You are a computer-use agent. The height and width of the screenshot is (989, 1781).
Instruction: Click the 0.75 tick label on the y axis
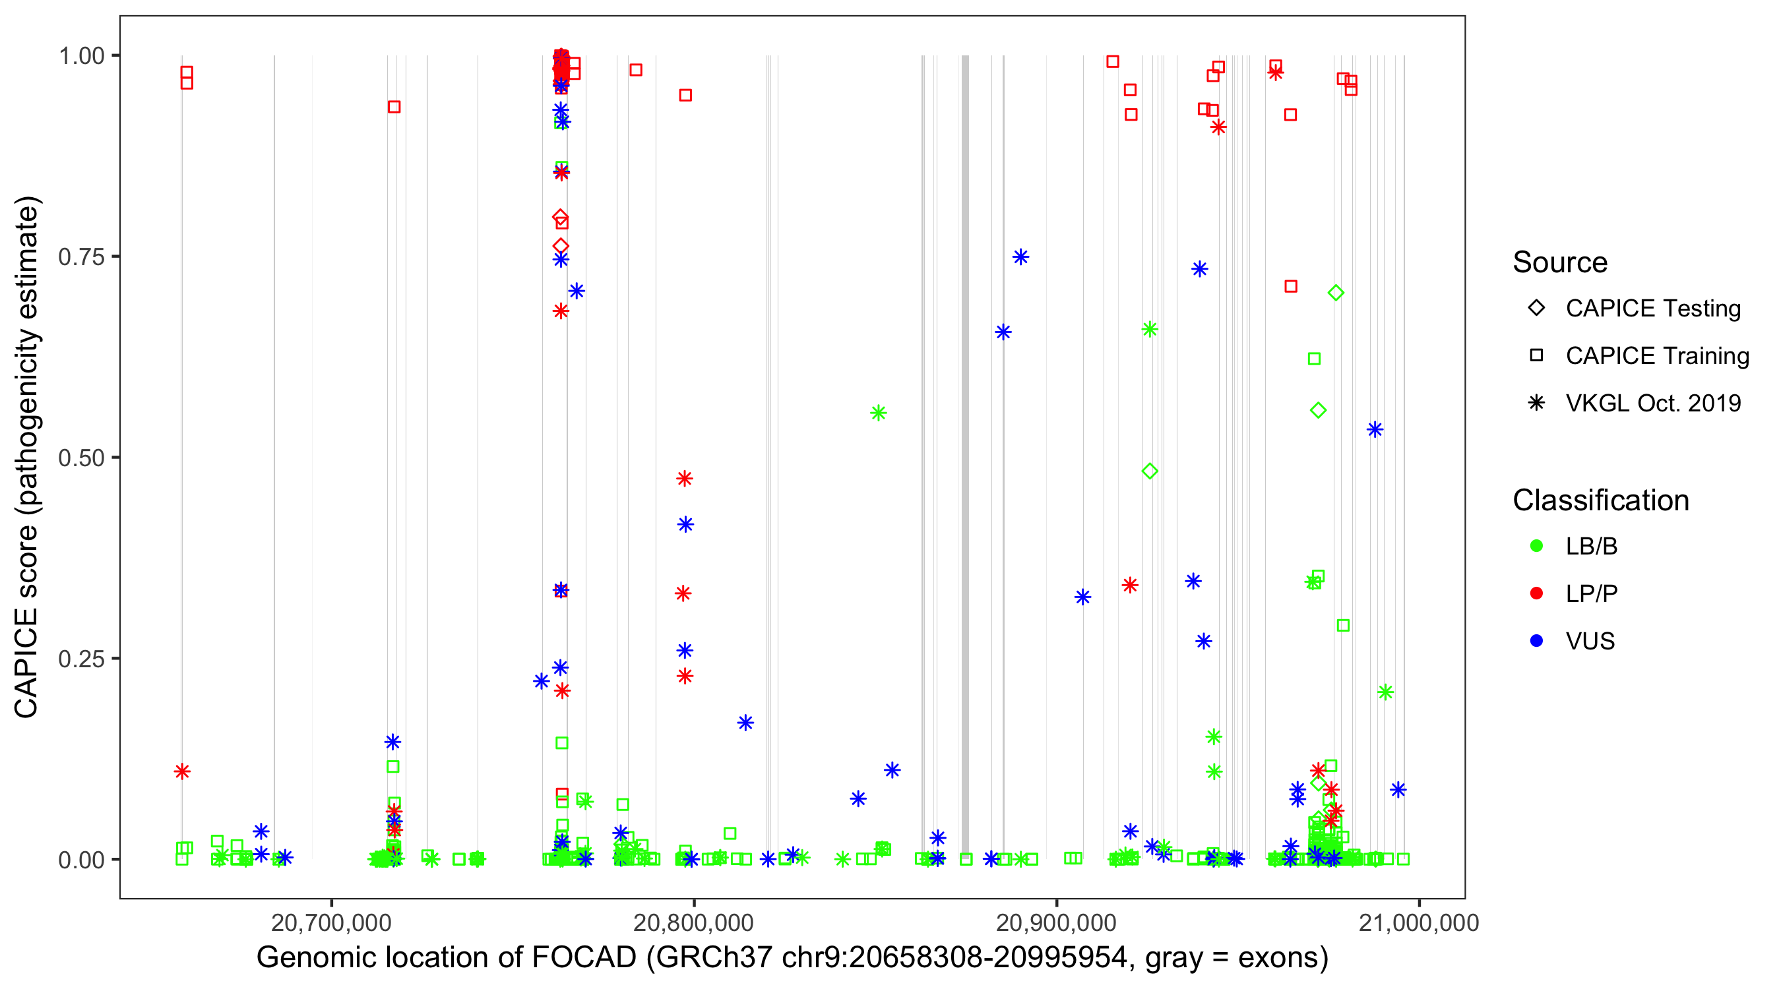point(81,257)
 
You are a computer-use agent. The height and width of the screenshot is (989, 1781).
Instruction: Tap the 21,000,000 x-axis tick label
point(1419,922)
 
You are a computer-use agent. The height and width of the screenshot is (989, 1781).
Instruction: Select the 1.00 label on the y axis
point(81,56)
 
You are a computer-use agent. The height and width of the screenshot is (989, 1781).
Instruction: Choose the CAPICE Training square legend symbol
point(1536,356)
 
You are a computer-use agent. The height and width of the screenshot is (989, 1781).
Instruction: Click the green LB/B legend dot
point(1536,546)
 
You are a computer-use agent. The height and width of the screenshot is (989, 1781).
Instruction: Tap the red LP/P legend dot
point(1536,593)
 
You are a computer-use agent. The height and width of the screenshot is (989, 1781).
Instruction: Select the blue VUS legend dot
point(1536,642)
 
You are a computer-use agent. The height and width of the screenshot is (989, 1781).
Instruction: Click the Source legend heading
point(1560,262)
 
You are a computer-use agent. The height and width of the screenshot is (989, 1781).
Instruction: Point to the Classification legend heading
point(1600,500)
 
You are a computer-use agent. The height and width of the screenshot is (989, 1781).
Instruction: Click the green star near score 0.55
point(878,413)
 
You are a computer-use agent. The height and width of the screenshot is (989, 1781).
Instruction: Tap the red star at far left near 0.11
point(182,771)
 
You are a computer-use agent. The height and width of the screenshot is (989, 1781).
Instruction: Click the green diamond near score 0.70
point(1336,293)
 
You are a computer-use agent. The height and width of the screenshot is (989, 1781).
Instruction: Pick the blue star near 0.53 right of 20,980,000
point(1375,430)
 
